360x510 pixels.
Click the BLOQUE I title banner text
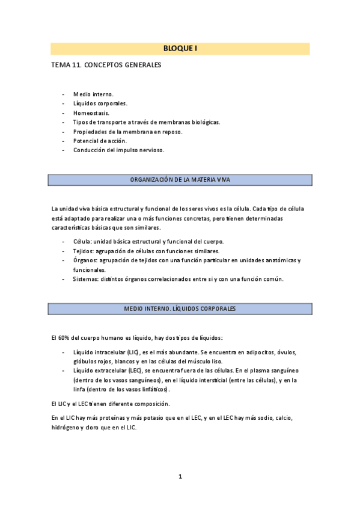click(180, 49)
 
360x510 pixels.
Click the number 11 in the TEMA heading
click(78, 65)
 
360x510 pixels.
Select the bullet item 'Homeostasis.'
click(91, 112)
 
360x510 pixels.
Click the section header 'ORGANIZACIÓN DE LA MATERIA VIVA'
click(180, 180)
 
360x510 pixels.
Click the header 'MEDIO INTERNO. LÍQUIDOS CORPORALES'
click(180, 309)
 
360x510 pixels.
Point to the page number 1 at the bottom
click(180, 476)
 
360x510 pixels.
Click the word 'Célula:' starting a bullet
click(83, 241)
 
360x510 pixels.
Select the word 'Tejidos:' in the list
click(85, 251)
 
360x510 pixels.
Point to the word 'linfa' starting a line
click(80, 390)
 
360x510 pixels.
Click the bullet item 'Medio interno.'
click(93, 94)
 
